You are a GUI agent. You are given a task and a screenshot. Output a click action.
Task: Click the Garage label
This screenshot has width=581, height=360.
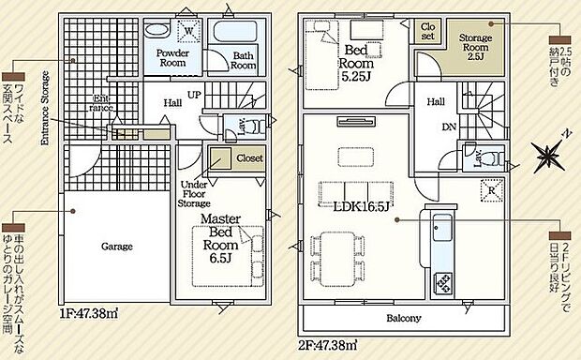point(118,247)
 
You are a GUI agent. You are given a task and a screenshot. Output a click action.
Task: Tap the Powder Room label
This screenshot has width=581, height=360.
point(173,59)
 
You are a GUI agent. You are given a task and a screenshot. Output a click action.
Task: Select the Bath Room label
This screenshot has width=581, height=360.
point(244,60)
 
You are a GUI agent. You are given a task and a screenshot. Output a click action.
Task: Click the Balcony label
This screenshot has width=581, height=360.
point(403,318)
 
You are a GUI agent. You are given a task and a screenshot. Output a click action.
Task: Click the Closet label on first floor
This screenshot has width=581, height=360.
point(248,158)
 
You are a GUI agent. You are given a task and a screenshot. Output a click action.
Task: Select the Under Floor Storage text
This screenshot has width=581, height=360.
point(196,192)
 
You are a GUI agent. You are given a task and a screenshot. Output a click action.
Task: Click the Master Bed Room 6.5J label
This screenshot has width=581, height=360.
point(222,239)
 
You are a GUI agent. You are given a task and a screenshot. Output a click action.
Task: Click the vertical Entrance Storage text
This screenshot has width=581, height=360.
point(44,107)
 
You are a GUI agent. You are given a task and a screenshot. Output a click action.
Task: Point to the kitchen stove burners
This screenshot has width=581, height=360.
point(442,280)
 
